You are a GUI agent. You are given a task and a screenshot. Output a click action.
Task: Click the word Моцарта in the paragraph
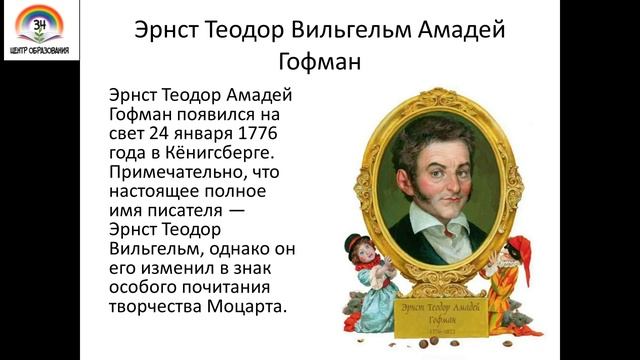252,306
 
